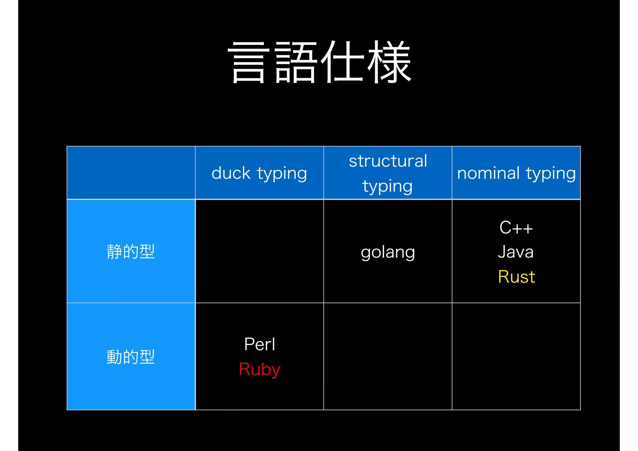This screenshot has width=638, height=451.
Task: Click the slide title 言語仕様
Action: point(320,62)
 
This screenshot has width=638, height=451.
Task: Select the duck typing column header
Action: point(259,173)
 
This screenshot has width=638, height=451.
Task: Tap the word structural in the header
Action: point(388,161)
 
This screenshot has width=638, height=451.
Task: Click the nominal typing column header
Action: point(516,173)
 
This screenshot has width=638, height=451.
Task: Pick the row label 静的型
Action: point(131,252)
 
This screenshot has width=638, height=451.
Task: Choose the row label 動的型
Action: point(131,357)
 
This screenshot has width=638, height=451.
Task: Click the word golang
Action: point(388,252)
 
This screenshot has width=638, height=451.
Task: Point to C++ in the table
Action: point(516,228)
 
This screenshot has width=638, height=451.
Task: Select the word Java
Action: point(516,252)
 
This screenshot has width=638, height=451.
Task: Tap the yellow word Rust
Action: point(517,277)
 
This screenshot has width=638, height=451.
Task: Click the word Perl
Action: point(259,344)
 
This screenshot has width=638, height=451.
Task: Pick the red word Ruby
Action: point(259,370)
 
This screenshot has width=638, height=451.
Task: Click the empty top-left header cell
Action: point(131,173)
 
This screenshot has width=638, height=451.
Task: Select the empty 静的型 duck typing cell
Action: point(259,251)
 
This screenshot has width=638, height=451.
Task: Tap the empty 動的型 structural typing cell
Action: point(388,357)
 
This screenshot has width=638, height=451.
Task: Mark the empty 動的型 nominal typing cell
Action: point(516,357)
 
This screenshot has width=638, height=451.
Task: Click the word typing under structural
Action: point(388,187)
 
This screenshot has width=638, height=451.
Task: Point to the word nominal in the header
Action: point(488,173)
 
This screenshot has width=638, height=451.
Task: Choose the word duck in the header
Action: point(231,173)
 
